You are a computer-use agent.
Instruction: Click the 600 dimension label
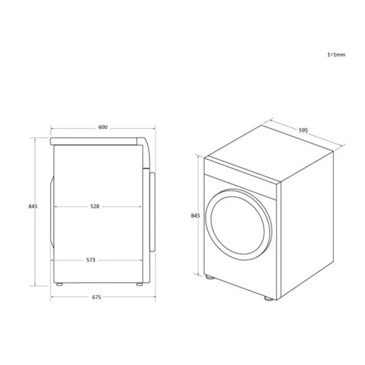click(x=103, y=127)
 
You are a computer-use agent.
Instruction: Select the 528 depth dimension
click(x=95, y=206)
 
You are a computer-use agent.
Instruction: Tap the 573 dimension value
click(x=91, y=260)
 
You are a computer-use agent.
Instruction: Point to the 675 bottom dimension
click(x=97, y=297)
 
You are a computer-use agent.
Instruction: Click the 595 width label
click(x=304, y=130)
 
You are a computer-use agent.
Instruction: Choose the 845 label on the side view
click(x=33, y=206)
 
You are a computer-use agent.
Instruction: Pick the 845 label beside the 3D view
click(x=195, y=216)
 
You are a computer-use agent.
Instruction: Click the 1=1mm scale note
click(x=336, y=55)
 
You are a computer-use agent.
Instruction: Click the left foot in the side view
click(x=60, y=284)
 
